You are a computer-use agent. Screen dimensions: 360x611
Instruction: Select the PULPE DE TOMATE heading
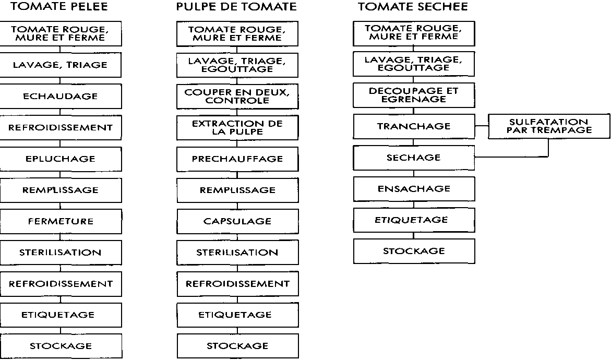(236, 7)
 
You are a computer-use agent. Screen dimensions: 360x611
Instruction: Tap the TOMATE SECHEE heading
(413, 7)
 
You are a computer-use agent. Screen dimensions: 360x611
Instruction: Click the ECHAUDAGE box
(61, 97)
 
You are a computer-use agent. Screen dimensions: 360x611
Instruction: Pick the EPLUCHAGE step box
(61, 159)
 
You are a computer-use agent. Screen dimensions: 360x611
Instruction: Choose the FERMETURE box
(61, 222)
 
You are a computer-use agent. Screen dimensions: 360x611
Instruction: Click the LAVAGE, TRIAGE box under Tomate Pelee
(61, 65)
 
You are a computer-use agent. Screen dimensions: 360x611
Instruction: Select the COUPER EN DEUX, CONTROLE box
(237, 97)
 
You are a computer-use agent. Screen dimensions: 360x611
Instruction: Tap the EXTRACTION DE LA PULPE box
(237, 128)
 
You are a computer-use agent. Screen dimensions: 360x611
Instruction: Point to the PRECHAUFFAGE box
(237, 159)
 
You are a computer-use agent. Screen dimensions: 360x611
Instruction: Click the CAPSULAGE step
(237, 222)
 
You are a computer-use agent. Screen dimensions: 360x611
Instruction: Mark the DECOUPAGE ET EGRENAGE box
(414, 95)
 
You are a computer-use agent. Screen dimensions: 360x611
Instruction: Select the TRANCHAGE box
(414, 126)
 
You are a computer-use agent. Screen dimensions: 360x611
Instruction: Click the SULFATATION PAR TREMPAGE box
(549, 126)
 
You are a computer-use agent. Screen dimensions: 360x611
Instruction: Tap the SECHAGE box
(414, 158)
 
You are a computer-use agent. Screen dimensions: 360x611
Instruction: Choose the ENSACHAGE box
(414, 189)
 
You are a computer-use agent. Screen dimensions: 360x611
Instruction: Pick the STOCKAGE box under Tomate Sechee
(414, 251)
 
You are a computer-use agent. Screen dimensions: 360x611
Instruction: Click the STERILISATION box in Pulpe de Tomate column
(237, 253)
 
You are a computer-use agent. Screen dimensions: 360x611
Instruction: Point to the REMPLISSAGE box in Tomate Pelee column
(61, 190)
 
